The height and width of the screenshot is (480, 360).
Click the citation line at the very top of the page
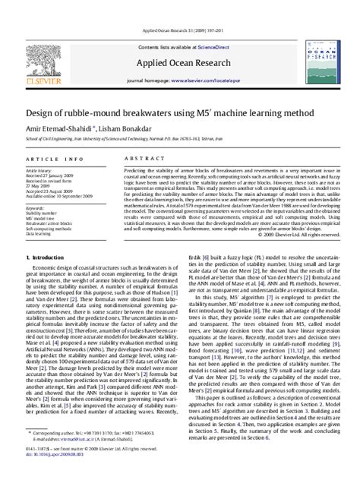(179, 10)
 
